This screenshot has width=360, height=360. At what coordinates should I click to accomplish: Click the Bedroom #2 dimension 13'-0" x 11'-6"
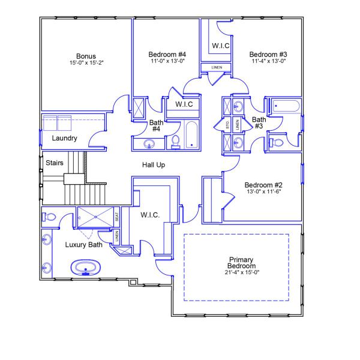(263, 192)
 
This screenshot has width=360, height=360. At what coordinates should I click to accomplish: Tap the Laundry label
(65, 139)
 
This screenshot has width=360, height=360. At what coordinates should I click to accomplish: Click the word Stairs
(55, 162)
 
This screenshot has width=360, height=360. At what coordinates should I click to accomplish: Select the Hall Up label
(154, 164)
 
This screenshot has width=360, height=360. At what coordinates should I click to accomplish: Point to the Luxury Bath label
(84, 244)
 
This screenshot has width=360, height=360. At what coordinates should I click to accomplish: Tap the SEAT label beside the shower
(117, 218)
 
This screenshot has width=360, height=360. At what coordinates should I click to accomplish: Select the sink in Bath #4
(149, 144)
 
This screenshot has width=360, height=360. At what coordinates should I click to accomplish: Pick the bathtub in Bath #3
(289, 106)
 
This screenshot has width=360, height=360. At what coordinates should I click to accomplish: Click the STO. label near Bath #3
(227, 125)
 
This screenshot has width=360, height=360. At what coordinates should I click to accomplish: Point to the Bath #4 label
(156, 125)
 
